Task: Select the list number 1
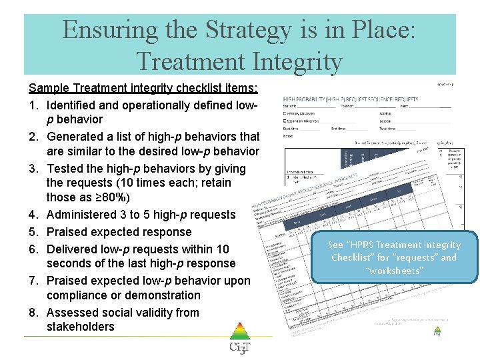(x=33, y=105)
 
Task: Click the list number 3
(x=33, y=169)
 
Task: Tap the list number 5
(x=33, y=232)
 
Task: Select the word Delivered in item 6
(x=73, y=249)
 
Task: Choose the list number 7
(x=33, y=281)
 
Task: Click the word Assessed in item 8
(x=72, y=313)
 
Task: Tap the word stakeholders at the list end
(x=81, y=327)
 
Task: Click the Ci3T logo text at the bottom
(x=239, y=348)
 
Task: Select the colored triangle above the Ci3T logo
(x=240, y=332)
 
